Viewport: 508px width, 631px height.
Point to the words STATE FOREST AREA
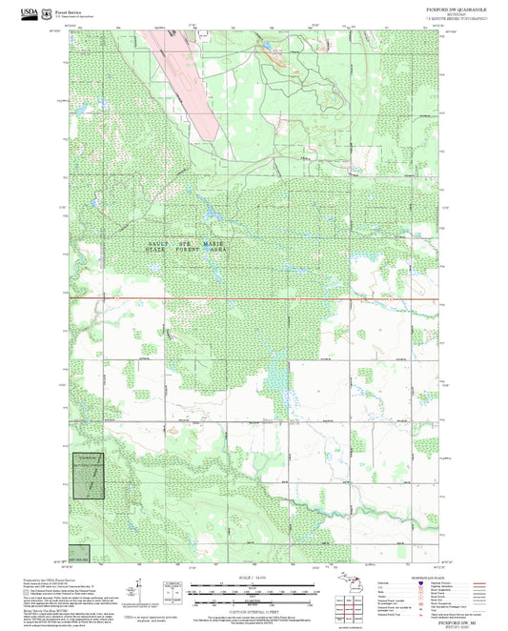(x=186, y=250)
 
